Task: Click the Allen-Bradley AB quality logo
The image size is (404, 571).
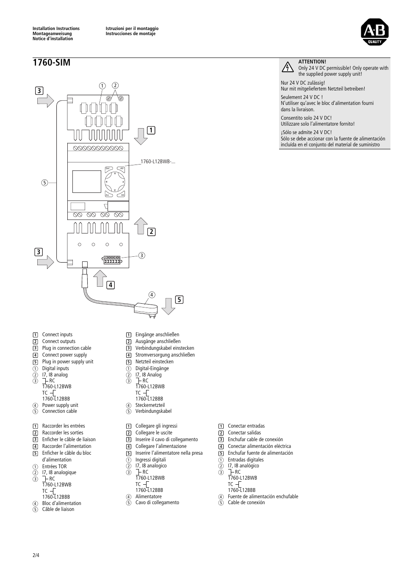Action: [x=374, y=32]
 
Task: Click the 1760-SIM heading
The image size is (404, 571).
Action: [x=51, y=63]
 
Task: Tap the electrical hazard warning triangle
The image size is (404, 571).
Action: [x=288, y=67]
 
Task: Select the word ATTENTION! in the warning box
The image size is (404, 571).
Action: [x=312, y=62]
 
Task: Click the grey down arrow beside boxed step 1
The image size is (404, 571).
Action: [x=140, y=136]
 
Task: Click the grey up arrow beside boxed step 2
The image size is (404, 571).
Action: [x=141, y=226]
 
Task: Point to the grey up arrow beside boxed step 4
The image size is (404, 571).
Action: [x=100, y=279]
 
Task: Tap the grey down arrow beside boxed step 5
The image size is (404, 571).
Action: [x=168, y=306]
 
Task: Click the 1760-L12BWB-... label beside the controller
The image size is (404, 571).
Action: [x=158, y=162]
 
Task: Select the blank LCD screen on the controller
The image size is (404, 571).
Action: [x=86, y=181]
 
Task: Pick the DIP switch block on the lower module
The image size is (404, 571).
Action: [x=112, y=260]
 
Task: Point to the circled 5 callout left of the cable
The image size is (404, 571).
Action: [x=44, y=183]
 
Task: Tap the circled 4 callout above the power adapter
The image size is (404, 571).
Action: [x=152, y=294]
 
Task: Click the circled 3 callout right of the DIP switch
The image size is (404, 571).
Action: [x=142, y=255]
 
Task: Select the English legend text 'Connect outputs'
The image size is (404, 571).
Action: [x=58, y=341]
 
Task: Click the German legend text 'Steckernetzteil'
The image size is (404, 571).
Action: [x=150, y=405]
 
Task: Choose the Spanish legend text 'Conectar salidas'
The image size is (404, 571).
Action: [x=244, y=433]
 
